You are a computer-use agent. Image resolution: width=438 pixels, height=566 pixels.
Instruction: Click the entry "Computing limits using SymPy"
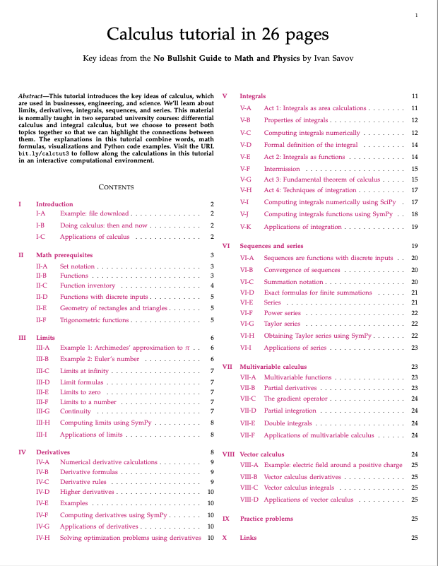click(105, 422)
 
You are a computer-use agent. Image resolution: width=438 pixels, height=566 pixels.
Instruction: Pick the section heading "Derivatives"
click(53, 451)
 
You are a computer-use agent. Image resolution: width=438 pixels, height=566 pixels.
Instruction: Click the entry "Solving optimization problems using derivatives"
click(130, 538)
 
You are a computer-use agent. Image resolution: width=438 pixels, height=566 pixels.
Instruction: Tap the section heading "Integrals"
click(253, 95)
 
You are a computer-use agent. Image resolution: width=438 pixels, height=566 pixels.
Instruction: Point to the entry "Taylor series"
click(282, 324)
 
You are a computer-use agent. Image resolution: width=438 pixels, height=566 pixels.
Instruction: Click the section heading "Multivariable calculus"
click(273, 367)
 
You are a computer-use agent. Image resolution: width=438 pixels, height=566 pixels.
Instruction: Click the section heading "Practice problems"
click(266, 519)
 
